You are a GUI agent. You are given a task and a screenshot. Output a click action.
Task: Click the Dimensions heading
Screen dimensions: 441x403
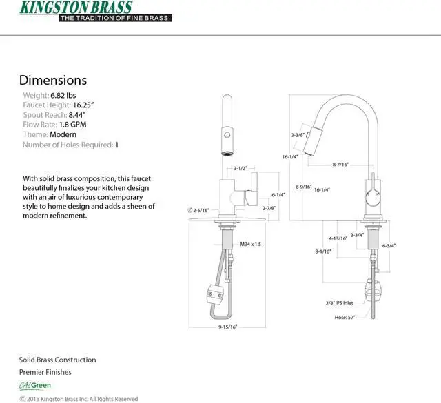pos(52,81)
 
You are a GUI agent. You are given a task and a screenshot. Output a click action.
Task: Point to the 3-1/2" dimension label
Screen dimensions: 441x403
pos(240,168)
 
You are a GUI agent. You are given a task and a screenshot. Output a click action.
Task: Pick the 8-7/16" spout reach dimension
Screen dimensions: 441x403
pos(340,165)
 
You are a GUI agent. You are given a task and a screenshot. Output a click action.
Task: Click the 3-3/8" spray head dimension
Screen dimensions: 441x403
pos(298,135)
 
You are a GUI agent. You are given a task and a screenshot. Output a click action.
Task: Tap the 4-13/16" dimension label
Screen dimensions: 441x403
pos(337,238)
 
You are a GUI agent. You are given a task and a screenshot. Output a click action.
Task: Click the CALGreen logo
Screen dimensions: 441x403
pos(34,385)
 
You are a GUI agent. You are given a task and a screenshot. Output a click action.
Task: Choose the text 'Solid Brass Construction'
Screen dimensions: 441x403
pos(57,360)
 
